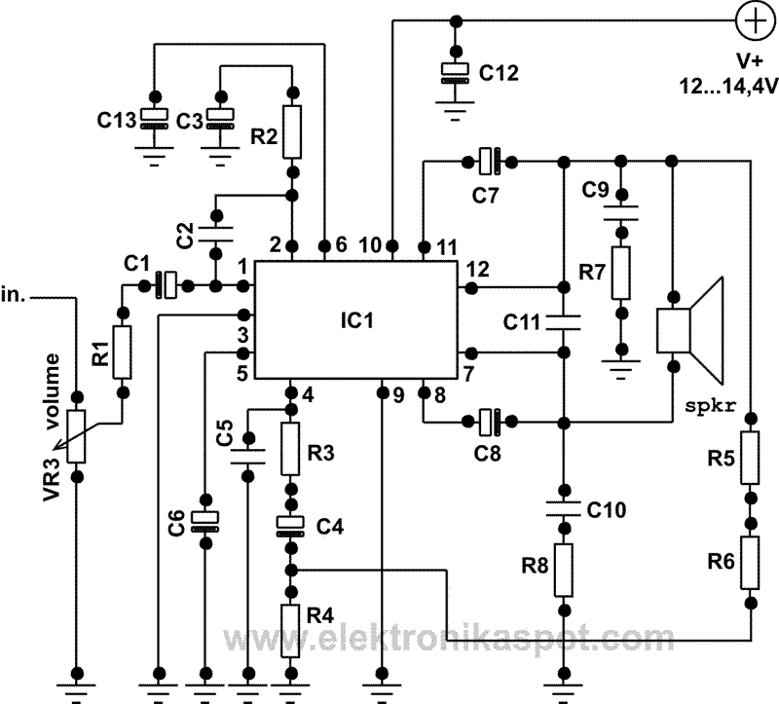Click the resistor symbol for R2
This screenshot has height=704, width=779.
[292, 132]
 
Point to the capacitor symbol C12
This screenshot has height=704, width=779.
[452, 72]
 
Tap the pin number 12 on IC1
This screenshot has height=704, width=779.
[477, 269]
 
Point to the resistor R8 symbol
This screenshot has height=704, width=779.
[564, 570]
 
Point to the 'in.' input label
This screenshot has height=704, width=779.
[14, 294]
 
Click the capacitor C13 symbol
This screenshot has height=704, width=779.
[154, 117]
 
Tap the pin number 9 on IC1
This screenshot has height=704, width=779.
[398, 395]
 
